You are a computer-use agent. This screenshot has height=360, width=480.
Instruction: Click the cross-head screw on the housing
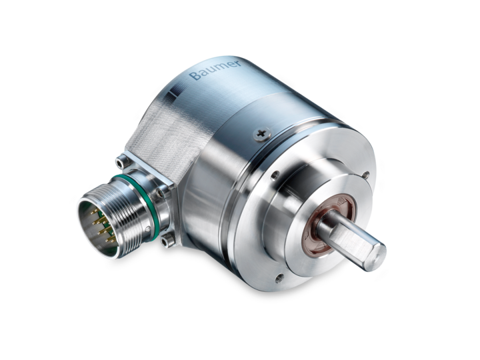[261, 133]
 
